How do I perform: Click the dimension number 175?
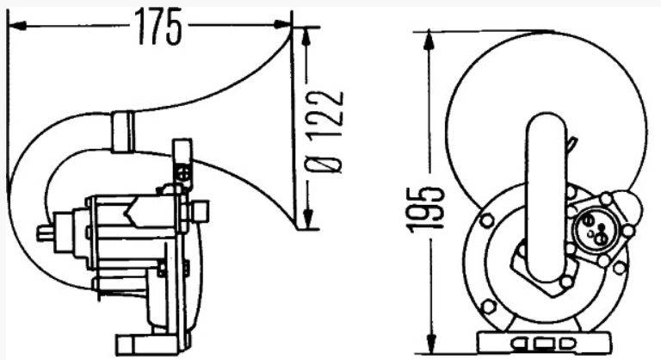click(158, 27)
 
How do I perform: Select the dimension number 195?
click(426, 210)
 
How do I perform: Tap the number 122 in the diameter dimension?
click(324, 115)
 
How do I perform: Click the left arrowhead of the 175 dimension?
click(18, 26)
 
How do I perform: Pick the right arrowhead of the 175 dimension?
click(281, 25)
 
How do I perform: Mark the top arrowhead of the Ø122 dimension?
click(306, 38)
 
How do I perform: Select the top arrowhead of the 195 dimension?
click(429, 41)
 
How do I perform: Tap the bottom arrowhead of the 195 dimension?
click(430, 344)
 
